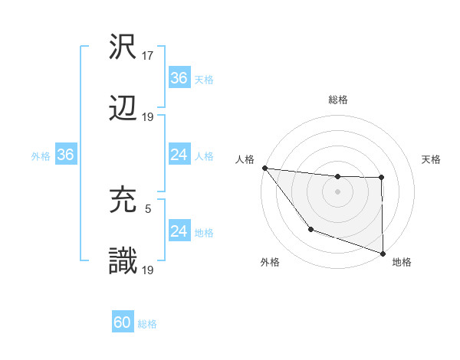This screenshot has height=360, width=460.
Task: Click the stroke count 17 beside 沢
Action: tap(149, 56)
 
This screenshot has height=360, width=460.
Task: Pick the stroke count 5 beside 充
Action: tap(148, 208)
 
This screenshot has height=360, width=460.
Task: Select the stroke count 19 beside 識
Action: tap(149, 269)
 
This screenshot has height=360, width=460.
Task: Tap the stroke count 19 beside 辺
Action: tap(149, 116)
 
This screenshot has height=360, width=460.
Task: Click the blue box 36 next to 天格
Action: tap(179, 77)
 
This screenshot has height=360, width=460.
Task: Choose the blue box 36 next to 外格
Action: tap(65, 155)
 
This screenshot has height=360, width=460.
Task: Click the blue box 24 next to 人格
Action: tap(179, 155)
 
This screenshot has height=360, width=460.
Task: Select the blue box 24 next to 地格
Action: tap(179, 231)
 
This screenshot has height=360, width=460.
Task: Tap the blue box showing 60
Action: tap(123, 322)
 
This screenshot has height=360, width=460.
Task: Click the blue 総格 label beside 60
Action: tap(148, 324)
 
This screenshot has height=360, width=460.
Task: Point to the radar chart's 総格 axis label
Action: tap(338, 100)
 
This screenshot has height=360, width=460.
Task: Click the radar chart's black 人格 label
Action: tap(245, 159)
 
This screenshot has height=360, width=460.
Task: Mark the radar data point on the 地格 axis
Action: tap(382, 253)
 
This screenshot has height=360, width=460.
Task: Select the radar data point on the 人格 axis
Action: tap(264, 168)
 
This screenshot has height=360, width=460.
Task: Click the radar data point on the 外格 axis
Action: tap(310, 229)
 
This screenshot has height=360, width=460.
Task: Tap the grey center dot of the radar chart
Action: tap(338, 191)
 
